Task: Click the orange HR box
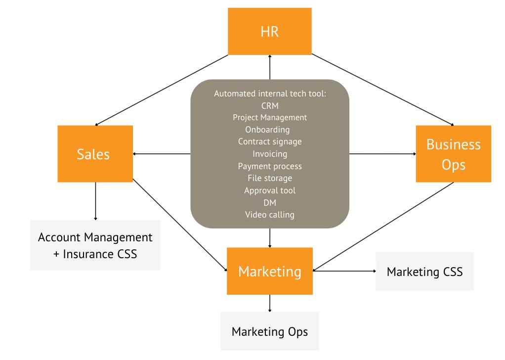(269, 32)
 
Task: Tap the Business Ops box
(453, 154)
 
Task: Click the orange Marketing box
(269, 271)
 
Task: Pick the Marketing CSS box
(424, 271)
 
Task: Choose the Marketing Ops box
(269, 331)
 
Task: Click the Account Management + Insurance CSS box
(95, 245)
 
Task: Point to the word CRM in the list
(269, 105)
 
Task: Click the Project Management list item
(269, 117)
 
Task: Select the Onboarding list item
(269, 130)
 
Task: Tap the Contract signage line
(269, 141)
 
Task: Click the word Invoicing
(269, 154)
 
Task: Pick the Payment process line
(269, 166)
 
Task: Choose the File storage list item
(269, 178)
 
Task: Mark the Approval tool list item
(269, 190)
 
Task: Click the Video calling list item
(269, 215)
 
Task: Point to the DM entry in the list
(269, 202)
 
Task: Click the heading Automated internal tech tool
(269, 93)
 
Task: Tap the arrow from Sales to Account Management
(95, 200)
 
